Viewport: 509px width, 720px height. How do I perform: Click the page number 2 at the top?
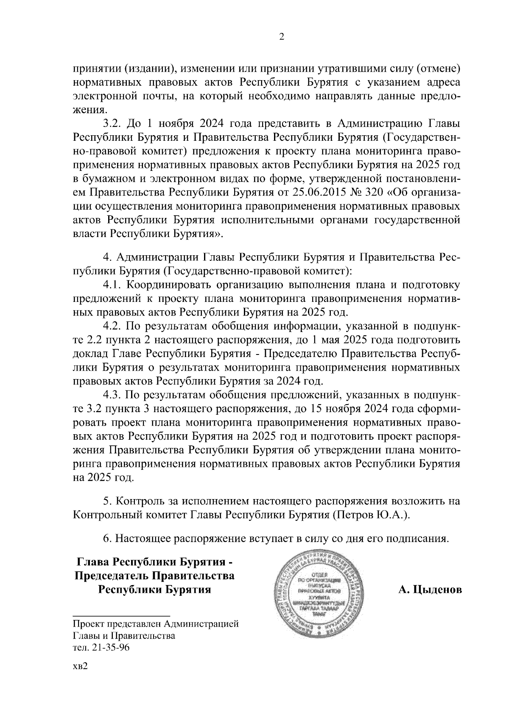[x=281, y=37]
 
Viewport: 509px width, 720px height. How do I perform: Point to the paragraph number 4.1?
[x=112, y=285]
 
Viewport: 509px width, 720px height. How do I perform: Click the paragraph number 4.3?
[x=112, y=395]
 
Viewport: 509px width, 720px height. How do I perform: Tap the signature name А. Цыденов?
[x=430, y=590]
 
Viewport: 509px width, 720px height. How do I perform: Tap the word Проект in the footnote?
[x=87, y=624]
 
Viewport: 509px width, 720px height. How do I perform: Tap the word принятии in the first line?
[x=95, y=68]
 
